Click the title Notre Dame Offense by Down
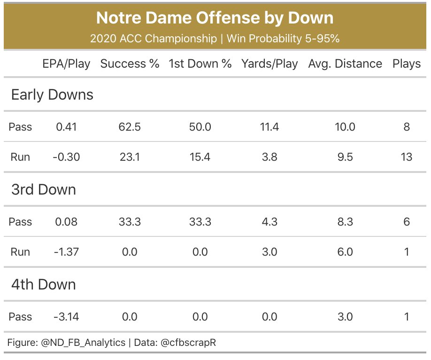(215, 18)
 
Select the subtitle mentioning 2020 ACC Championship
(215, 39)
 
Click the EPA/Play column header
(66, 64)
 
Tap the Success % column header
(130, 64)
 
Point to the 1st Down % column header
(200, 64)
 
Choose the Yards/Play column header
(269, 64)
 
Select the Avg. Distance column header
(345, 64)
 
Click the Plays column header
(407, 64)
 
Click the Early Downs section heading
(52, 95)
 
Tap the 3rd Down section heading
(43, 190)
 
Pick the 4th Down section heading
(43, 285)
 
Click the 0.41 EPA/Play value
(66, 127)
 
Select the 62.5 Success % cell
(130, 127)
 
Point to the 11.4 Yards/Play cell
(269, 127)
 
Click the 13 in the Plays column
(407, 157)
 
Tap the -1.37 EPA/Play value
(66, 252)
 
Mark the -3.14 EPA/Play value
(66, 317)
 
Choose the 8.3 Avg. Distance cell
(345, 222)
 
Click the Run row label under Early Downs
(20, 157)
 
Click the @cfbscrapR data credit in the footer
(188, 343)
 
